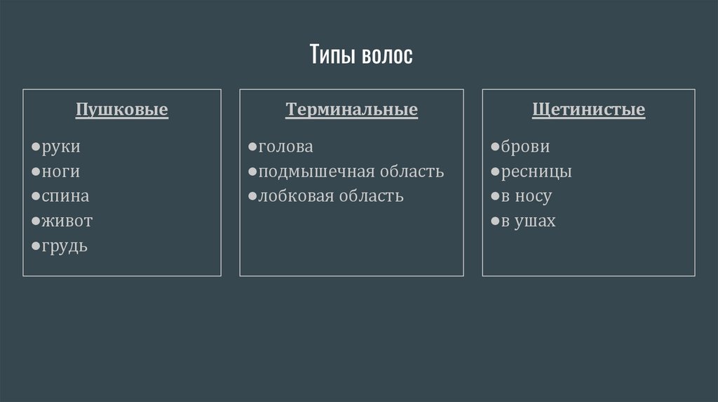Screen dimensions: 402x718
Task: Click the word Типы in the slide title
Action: [x=333, y=55]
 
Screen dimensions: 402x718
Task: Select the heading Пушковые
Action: [x=122, y=110]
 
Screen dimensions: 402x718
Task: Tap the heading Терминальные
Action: [x=351, y=110]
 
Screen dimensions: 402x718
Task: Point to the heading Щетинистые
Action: [x=589, y=110]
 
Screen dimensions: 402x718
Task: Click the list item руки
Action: [x=61, y=147]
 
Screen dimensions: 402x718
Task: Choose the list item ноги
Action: [x=61, y=172]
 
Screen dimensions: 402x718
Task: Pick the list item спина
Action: [x=65, y=197]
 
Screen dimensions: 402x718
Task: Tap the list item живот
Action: [x=67, y=221]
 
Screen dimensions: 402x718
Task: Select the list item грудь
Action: [x=65, y=247]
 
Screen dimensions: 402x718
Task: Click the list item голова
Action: [x=285, y=147]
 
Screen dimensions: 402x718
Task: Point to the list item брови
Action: [x=525, y=147]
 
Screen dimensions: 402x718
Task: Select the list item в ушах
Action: [x=528, y=221]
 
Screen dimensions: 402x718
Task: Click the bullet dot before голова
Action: [x=252, y=148]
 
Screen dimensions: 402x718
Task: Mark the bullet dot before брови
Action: [x=495, y=148]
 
